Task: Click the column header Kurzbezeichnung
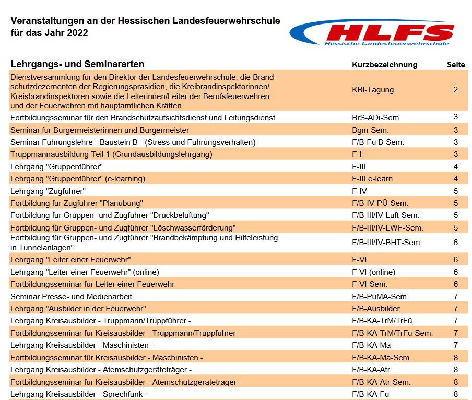(x=385, y=65)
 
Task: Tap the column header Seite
(x=456, y=65)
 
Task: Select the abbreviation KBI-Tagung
(x=373, y=90)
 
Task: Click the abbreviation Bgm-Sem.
(x=370, y=130)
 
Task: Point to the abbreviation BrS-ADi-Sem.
(x=376, y=118)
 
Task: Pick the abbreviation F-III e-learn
(x=372, y=179)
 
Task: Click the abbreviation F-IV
(x=360, y=191)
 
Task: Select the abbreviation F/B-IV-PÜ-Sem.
(x=380, y=203)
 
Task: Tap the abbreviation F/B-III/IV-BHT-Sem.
(x=387, y=242)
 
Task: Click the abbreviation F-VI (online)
(x=374, y=272)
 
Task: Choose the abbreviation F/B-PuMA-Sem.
(x=380, y=296)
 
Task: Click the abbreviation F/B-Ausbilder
(x=376, y=308)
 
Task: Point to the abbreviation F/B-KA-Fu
(x=371, y=394)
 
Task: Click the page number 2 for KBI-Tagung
(x=456, y=90)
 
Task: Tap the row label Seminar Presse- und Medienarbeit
(x=72, y=296)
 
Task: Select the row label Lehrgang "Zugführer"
(x=48, y=191)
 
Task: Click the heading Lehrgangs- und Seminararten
(x=77, y=65)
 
